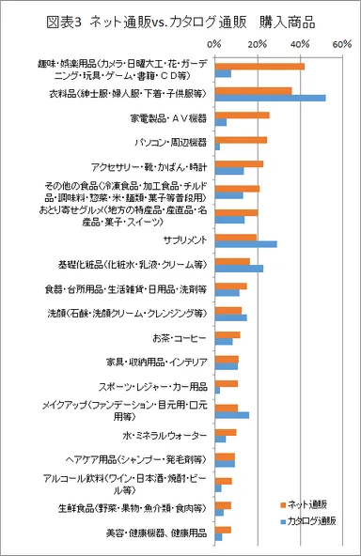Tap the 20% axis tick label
(258, 44)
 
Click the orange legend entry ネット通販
(307, 502)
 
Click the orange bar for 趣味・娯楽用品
(259, 66)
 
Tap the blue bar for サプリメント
(245, 243)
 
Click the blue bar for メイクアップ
(231, 415)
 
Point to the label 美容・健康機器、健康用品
(153, 533)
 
